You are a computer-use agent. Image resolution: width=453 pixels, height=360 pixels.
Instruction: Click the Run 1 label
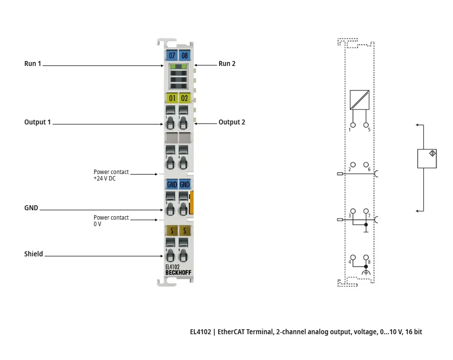33,63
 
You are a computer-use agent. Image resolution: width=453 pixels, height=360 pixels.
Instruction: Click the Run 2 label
227,63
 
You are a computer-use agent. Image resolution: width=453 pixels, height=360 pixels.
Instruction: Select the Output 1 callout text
38,122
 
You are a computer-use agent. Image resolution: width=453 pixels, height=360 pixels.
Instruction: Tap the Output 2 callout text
231,122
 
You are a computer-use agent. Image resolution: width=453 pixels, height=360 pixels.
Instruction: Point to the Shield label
34,254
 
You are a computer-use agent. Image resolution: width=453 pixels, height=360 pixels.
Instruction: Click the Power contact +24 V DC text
111,175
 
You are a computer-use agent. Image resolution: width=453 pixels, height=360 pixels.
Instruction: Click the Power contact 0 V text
111,221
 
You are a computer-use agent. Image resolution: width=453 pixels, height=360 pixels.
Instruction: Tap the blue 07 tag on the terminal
171,56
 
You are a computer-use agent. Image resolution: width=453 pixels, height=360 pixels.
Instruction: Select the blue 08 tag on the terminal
184,56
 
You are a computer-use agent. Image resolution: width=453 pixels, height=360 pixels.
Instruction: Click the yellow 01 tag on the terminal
171,98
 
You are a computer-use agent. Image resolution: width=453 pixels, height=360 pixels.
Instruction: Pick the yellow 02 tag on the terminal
184,98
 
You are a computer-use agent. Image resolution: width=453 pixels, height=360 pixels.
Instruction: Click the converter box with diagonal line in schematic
359,100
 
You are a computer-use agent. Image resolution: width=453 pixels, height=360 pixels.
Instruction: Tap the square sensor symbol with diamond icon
427,158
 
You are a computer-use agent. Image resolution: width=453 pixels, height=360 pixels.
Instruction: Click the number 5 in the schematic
369,130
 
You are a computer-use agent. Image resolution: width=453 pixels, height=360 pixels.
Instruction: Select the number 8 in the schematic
369,261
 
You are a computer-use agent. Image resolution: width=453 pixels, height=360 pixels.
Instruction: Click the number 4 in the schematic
350,261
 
